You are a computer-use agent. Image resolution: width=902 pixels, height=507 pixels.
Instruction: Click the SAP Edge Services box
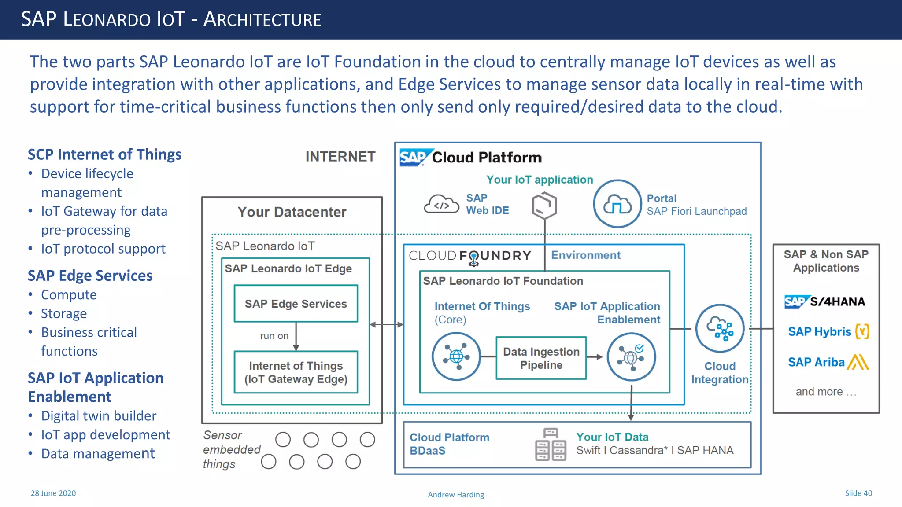click(x=296, y=304)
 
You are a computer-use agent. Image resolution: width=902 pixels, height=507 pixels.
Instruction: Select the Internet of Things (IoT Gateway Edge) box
click(x=296, y=372)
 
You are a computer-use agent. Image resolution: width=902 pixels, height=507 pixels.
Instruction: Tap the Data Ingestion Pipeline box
click(x=541, y=358)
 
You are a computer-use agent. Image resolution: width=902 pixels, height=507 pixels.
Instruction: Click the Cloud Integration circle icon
click(x=720, y=328)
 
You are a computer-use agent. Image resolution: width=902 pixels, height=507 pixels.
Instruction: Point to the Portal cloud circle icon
click(x=617, y=204)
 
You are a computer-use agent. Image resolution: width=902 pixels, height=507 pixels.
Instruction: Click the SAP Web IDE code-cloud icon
click(x=441, y=204)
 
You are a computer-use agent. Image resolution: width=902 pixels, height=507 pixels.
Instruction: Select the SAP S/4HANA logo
click(x=824, y=301)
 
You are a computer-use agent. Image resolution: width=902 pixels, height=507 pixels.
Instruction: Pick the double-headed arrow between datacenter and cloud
click(x=386, y=325)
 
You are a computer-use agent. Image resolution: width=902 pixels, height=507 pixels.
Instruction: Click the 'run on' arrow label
click(x=274, y=336)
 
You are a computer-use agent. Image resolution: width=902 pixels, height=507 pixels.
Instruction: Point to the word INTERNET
click(x=340, y=157)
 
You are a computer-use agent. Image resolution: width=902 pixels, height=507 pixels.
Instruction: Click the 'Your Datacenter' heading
click(x=292, y=212)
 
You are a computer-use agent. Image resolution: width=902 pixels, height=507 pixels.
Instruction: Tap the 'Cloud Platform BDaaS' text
click(x=449, y=444)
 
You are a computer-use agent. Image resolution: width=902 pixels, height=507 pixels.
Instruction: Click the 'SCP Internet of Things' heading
click(x=104, y=154)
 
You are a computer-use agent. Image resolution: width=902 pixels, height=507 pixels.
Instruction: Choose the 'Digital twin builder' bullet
click(x=99, y=416)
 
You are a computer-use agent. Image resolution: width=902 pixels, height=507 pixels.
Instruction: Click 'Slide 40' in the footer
click(x=858, y=493)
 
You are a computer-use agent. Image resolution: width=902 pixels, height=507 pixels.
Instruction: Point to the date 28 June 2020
click(x=53, y=493)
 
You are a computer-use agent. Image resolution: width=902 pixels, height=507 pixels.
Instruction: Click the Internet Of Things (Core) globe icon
click(x=456, y=356)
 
